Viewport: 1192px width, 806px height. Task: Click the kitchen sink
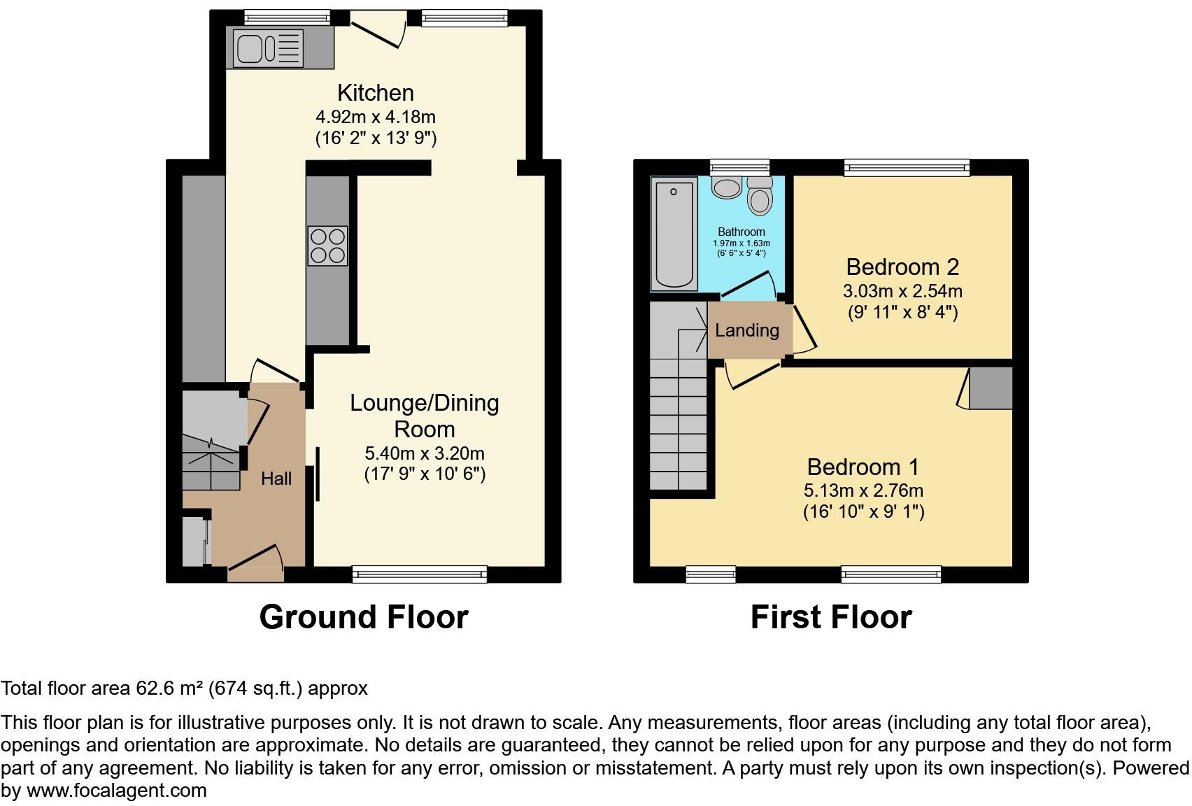(250, 48)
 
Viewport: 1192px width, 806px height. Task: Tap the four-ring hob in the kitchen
(327, 246)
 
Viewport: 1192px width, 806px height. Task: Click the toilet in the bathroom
(759, 196)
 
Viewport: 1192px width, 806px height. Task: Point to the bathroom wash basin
(727, 187)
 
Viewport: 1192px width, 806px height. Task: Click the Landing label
(746, 330)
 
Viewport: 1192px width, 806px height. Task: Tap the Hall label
(276, 479)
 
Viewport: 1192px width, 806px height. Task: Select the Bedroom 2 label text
(902, 267)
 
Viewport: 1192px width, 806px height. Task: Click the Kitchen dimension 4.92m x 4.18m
(376, 117)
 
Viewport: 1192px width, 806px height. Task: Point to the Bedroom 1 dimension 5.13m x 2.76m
(863, 490)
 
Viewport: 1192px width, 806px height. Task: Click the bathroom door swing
(748, 283)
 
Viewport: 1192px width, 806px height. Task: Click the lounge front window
(420, 574)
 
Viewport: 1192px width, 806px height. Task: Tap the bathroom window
(739, 167)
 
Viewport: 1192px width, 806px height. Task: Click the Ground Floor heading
(363, 617)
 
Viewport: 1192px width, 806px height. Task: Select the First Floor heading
(830, 617)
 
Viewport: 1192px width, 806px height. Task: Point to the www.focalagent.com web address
(117, 791)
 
